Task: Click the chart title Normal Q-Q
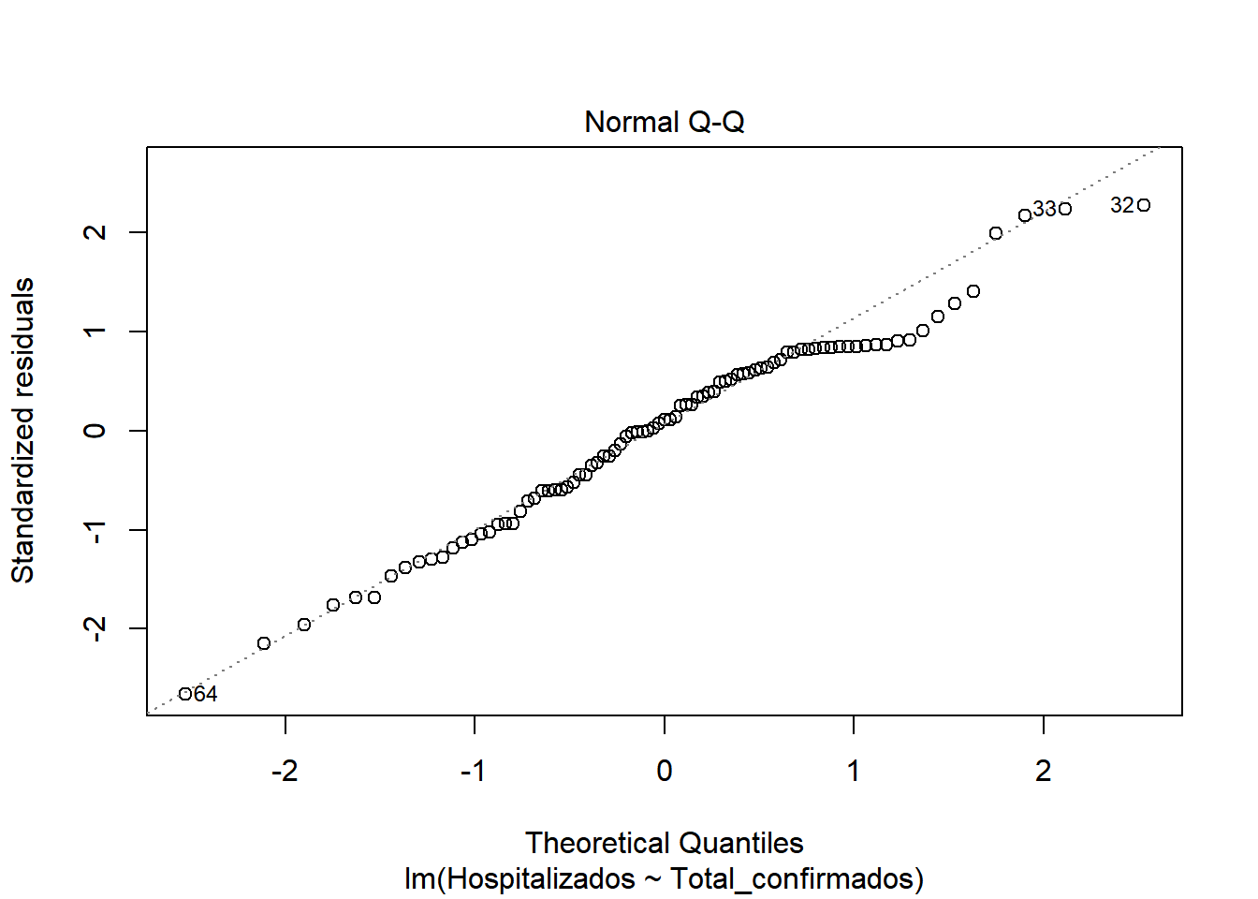[664, 123]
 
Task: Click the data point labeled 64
[185, 694]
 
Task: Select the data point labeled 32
[1144, 205]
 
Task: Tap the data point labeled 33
[1065, 209]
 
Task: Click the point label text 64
[206, 694]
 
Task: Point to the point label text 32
[1122, 205]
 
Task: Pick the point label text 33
[1045, 209]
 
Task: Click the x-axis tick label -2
[285, 771]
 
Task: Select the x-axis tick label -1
[474, 771]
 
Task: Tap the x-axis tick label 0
[665, 771]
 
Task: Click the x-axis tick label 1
[854, 771]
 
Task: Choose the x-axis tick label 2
[1044, 771]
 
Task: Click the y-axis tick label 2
[95, 232]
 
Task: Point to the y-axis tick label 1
[95, 332]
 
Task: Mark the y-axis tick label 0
[95, 431]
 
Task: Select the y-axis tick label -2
[95, 628]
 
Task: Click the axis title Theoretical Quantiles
[664, 843]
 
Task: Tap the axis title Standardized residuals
[22, 431]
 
